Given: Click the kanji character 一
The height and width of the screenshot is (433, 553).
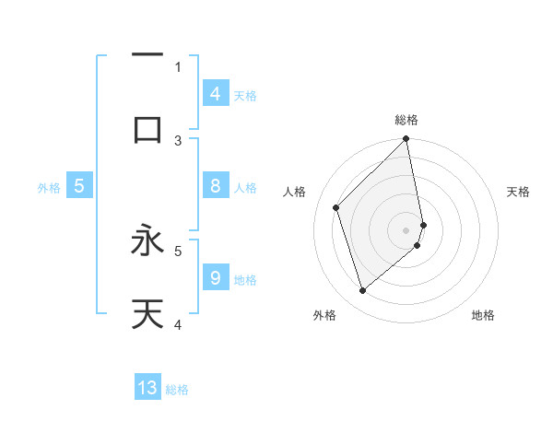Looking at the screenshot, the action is pyautogui.click(x=147, y=55).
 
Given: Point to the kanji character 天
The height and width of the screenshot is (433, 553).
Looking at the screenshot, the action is pyautogui.click(x=147, y=314).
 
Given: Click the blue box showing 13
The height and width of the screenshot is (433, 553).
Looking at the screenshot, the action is pyautogui.click(x=147, y=388).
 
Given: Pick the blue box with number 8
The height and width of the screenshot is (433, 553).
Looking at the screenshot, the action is pyautogui.click(x=216, y=186).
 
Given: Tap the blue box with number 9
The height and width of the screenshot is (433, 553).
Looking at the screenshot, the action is pyautogui.click(x=216, y=278).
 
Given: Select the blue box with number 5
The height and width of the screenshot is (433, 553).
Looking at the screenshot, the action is pyautogui.click(x=79, y=186).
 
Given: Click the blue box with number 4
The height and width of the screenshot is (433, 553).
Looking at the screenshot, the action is pyautogui.click(x=216, y=93).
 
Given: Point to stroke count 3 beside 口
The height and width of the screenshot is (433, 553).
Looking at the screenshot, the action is pyautogui.click(x=178, y=140).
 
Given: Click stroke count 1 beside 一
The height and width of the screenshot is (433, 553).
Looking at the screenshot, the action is pyautogui.click(x=178, y=66).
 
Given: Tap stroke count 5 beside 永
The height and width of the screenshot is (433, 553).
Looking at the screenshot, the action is pyautogui.click(x=178, y=249).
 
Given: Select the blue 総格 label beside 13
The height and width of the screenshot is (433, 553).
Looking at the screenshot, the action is pyautogui.click(x=177, y=390).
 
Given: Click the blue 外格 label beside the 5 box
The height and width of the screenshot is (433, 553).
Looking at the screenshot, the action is pyautogui.click(x=49, y=188).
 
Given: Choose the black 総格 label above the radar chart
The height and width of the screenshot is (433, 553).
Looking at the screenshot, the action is pyautogui.click(x=406, y=120).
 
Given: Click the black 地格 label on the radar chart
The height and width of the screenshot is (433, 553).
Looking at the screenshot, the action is pyautogui.click(x=483, y=315).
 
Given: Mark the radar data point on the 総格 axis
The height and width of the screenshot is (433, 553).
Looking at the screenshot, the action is pyautogui.click(x=406, y=140).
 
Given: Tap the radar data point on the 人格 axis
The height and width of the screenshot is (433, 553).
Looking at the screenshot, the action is pyautogui.click(x=336, y=207).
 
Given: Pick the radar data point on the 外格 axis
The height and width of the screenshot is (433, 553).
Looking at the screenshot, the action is pyautogui.click(x=363, y=291).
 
